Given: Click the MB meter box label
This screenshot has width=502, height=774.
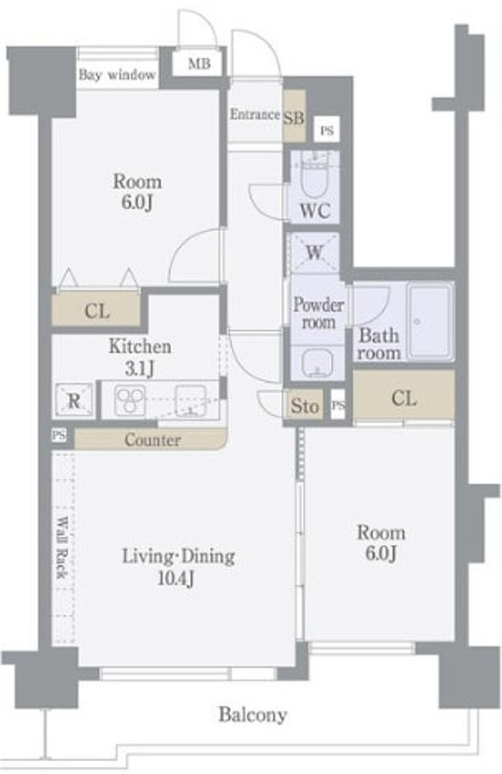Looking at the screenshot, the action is click(x=199, y=64).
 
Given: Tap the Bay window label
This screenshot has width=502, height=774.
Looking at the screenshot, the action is click(x=117, y=75).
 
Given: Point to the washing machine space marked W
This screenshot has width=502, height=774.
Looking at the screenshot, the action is click(x=314, y=253).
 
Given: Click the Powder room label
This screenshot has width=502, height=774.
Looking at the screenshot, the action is click(x=318, y=313).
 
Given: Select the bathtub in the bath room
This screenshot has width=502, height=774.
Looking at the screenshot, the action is click(x=430, y=321).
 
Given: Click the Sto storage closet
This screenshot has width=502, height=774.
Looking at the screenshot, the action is click(x=305, y=406).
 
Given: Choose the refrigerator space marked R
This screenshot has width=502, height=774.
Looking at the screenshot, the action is click(x=74, y=400).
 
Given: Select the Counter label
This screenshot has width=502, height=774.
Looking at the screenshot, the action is click(x=153, y=439).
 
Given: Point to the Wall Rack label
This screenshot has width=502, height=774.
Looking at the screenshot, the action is click(x=62, y=547).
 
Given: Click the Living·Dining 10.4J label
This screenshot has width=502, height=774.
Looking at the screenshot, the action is click(x=178, y=567).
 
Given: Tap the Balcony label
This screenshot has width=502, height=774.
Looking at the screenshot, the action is click(x=252, y=714).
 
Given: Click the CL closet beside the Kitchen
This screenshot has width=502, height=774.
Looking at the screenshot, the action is click(x=97, y=311).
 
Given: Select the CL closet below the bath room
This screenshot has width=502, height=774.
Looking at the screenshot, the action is click(x=404, y=398).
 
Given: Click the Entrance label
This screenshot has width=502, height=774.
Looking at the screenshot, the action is click(x=255, y=114).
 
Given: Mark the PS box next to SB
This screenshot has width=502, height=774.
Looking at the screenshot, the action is click(x=327, y=131).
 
